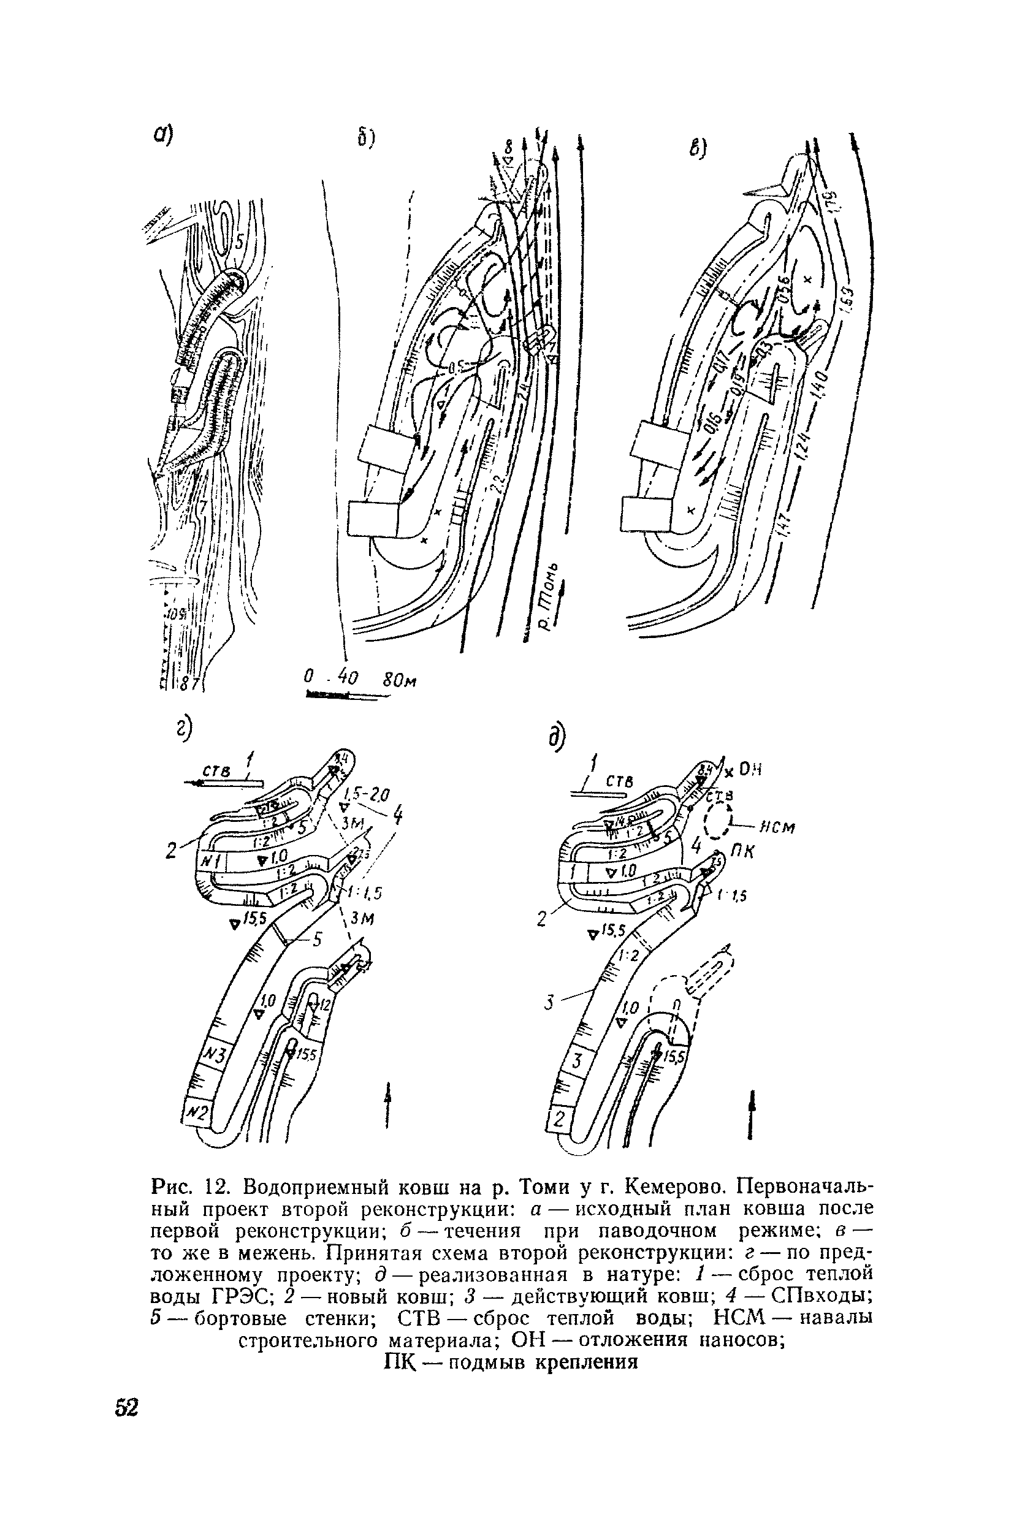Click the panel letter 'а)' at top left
(164, 137)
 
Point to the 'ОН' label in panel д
(751, 770)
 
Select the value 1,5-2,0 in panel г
(364, 794)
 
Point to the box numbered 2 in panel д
(558, 1119)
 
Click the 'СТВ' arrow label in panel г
(213, 771)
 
